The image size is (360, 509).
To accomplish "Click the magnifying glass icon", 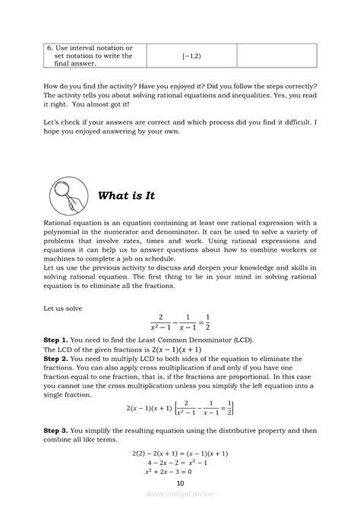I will (67, 194).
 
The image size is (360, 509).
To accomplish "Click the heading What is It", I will (126, 195).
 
